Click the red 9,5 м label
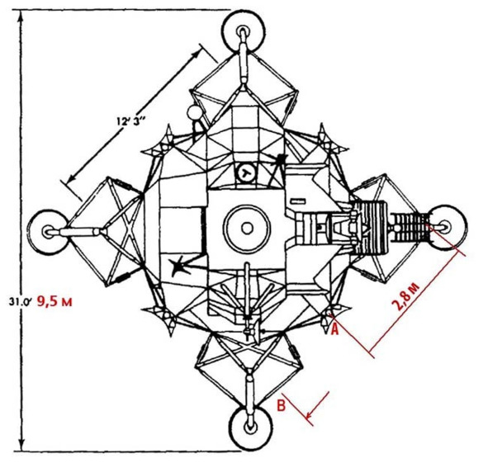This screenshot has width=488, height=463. pyautogui.click(x=54, y=301)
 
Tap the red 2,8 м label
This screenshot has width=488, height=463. pyautogui.click(x=408, y=296)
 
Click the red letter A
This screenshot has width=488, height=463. pyautogui.click(x=334, y=329)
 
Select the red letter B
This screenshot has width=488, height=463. pyautogui.click(x=281, y=406)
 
